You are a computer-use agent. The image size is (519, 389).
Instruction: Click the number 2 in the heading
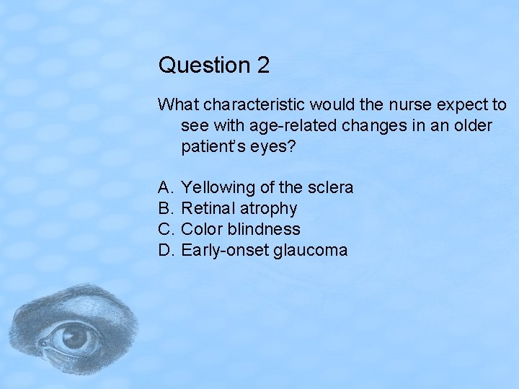262,66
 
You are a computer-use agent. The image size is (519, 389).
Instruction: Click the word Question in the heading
204,66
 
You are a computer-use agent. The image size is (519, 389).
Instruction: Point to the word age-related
293,126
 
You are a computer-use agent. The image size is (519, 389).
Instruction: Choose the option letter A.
165,188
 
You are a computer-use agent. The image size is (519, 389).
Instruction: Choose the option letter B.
165,209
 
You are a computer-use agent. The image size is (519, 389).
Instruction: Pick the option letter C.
165,230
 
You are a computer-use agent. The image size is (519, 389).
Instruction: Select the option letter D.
165,251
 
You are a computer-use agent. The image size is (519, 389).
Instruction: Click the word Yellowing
218,188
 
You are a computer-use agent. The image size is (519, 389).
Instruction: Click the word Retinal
208,209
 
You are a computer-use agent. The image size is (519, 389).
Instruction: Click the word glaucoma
314,251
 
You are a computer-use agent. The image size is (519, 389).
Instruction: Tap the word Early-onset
226,251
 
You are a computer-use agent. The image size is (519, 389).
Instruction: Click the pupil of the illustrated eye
73,336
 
